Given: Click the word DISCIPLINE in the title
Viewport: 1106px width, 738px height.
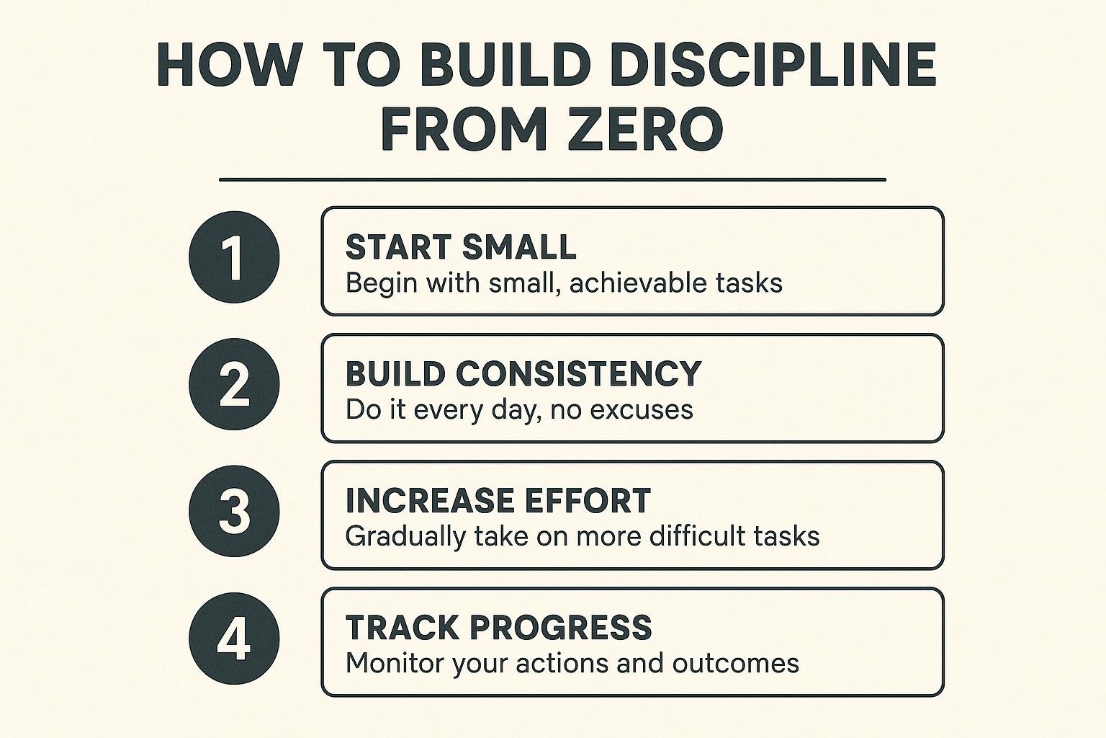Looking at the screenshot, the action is coord(773,66).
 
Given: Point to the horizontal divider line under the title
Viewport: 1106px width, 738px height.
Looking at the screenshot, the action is coord(552,179).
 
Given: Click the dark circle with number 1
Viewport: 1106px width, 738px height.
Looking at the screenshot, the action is coord(234,257).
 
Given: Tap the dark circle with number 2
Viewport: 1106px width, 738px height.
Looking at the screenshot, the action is coord(234,384).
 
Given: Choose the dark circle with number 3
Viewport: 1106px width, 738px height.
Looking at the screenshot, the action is coord(234,511).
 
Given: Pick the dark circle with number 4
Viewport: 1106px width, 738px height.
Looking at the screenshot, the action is coord(234,638).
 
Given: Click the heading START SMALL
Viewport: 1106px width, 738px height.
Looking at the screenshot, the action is coord(461,246).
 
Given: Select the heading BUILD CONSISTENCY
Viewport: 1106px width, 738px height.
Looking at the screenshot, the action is coord(523,374).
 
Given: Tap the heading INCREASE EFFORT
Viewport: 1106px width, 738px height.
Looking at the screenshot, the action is coord(498,501).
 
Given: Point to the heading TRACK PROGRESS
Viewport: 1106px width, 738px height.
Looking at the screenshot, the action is coord(499,628).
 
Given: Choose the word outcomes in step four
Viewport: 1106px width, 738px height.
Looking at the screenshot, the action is coord(735,664).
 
